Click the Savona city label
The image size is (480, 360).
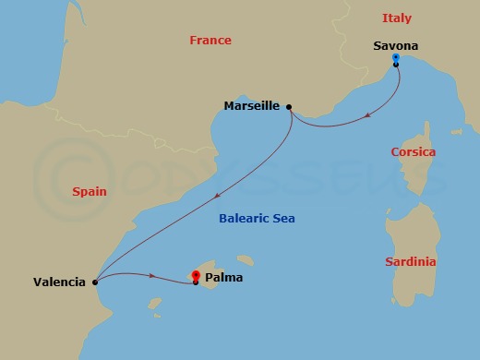coord(395,46)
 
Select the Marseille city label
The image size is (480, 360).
coord(251,106)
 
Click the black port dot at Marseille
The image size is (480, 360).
coord(290,107)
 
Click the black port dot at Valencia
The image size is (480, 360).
coord(95,282)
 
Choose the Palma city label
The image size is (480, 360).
coord(225,276)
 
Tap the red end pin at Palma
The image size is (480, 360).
coord(196,275)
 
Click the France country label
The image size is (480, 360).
coord(210,41)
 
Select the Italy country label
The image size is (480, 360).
coord(397,18)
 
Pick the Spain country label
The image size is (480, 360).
coord(89,192)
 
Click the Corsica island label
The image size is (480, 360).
coord(413,152)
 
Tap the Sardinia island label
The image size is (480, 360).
coord(410,262)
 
